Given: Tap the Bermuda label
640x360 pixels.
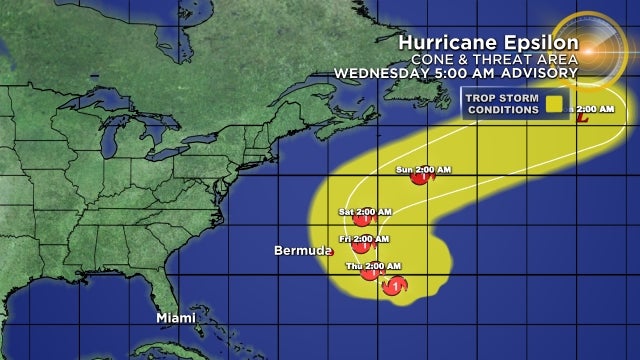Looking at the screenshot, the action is [298, 250].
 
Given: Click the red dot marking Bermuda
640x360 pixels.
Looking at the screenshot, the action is [330, 253].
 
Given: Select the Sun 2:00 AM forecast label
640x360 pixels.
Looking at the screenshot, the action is [423, 169].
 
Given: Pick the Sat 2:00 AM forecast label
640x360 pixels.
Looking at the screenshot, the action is [365, 211].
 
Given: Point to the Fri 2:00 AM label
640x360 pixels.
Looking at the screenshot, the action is [363, 238].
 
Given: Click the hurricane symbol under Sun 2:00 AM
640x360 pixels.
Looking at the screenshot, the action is [421, 181].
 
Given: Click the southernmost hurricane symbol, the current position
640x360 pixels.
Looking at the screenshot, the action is [396, 286].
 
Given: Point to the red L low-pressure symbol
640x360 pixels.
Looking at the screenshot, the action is [580, 118].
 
